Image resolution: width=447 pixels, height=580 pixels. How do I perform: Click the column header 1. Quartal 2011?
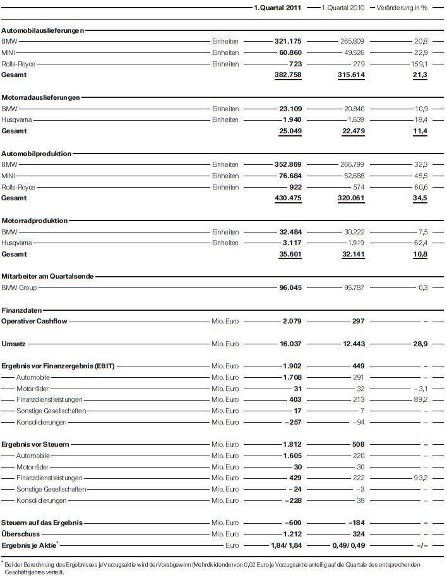coord(277,8)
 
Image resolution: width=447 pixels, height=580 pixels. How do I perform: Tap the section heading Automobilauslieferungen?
coord(42,30)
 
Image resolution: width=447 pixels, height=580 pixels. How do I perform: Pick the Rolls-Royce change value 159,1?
coord(418,64)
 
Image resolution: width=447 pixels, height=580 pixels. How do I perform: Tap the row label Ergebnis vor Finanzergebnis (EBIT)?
coord(58,366)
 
